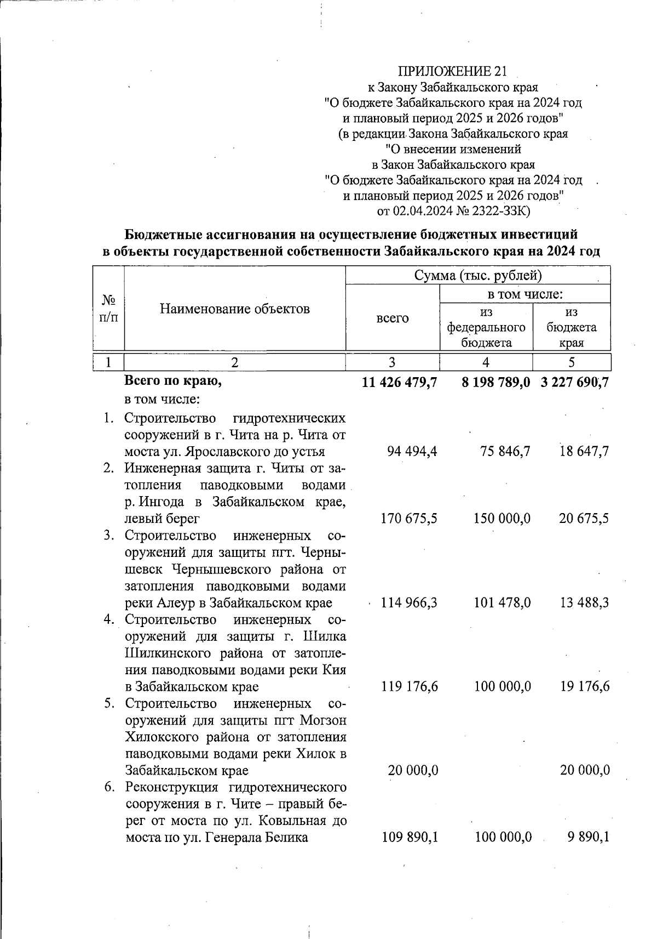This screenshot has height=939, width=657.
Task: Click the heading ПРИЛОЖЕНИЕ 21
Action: (x=452, y=71)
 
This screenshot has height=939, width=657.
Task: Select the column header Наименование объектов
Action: (x=235, y=309)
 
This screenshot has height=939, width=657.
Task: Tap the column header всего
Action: (x=393, y=318)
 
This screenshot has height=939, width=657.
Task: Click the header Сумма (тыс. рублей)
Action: (x=478, y=275)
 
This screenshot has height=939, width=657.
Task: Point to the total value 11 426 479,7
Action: (x=399, y=383)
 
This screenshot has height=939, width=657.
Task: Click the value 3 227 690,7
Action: (x=575, y=383)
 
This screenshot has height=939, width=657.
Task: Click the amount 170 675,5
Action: (x=409, y=518)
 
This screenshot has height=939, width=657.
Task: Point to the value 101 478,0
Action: (x=502, y=602)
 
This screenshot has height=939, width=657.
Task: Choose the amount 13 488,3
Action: (x=584, y=602)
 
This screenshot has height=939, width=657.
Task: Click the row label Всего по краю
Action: (x=173, y=381)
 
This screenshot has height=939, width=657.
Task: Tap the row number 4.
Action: (x=109, y=619)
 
